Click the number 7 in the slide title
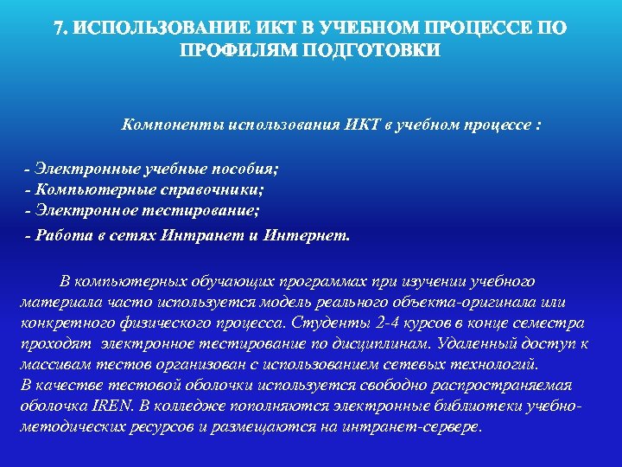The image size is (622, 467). point(60,29)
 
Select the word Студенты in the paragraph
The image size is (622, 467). point(332,323)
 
